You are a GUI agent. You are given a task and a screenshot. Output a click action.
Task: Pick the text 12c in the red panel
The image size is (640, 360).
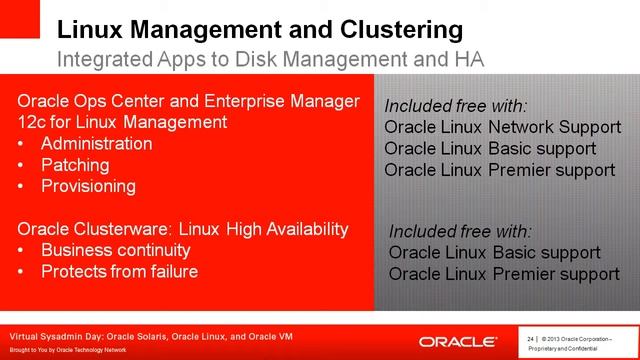pyautogui.click(x=33, y=122)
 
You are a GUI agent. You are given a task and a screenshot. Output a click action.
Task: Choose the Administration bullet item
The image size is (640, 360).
pyautogui.click(x=97, y=144)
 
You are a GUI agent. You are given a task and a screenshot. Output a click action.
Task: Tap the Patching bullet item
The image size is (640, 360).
pyautogui.click(x=75, y=165)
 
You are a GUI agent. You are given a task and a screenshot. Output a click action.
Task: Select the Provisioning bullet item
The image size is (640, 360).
pyautogui.click(x=88, y=186)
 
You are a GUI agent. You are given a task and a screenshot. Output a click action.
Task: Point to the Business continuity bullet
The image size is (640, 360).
pyautogui.click(x=115, y=250)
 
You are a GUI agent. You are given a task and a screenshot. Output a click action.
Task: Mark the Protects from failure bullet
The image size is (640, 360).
pyautogui.click(x=119, y=271)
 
